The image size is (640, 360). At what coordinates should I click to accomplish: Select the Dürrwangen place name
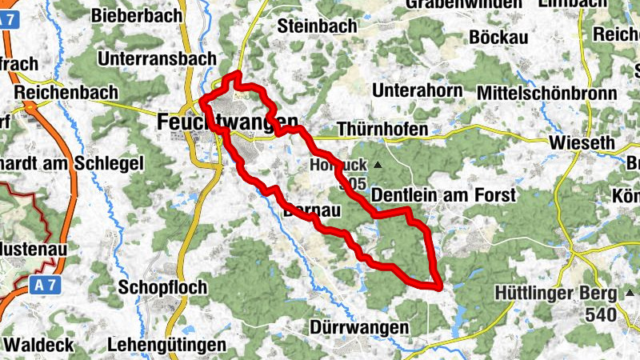359,328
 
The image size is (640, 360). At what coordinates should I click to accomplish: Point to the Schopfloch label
162,286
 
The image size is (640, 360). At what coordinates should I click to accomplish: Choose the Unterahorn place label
418,90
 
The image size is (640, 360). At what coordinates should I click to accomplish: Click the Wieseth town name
582,143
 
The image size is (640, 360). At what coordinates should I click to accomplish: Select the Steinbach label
318,26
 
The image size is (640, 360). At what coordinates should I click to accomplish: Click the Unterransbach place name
157,58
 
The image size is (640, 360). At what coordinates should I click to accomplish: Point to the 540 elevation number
601,316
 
